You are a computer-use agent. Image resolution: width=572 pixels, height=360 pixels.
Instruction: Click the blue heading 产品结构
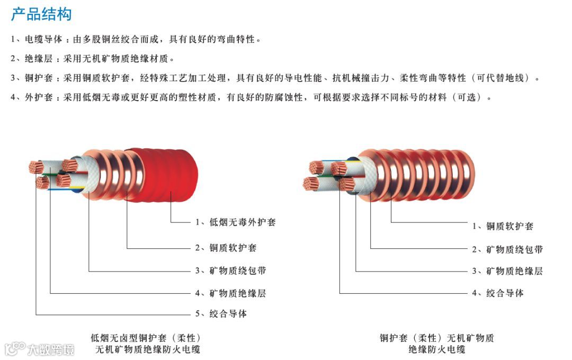[x=41, y=14]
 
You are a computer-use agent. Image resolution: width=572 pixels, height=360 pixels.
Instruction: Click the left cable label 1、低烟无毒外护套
[x=235, y=222]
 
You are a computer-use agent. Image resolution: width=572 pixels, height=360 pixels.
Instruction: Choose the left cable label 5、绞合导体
[x=221, y=314]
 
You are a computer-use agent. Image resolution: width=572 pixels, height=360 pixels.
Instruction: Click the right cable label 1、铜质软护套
[x=503, y=226]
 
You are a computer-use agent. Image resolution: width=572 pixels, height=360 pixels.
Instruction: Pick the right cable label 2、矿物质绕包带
[x=507, y=249]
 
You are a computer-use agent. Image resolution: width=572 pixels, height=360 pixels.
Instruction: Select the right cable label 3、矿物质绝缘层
[x=507, y=271]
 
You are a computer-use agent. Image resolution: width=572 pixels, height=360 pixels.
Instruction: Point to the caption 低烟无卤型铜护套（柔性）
[x=146, y=338]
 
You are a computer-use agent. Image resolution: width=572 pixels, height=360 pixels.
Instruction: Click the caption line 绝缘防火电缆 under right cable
[x=436, y=349]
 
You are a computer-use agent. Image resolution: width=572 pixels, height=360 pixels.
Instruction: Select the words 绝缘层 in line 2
[x=38, y=59]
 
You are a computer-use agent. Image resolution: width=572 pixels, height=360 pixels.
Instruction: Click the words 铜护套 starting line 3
[x=38, y=78]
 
